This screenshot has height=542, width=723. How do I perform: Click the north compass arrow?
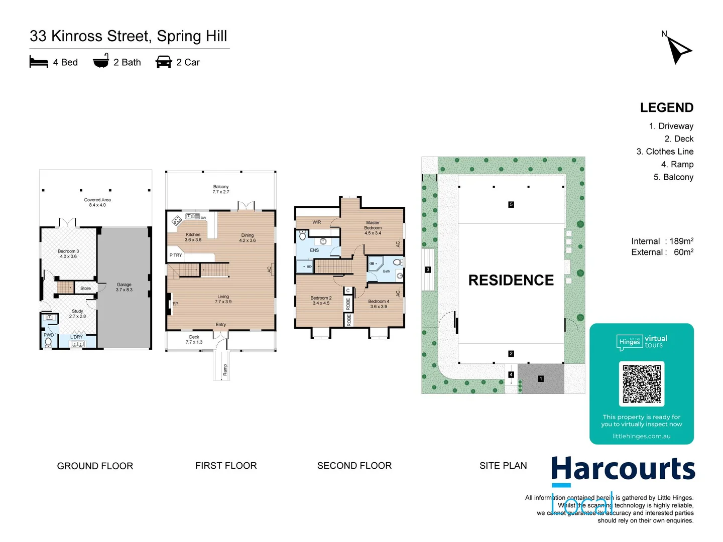click(x=678, y=50)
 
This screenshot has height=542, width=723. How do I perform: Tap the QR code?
click(x=642, y=384)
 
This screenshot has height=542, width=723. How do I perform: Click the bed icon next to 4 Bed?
click(x=39, y=62)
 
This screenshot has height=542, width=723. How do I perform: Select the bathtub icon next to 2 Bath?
click(x=101, y=61)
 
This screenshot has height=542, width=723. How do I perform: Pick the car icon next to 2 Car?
click(x=164, y=62)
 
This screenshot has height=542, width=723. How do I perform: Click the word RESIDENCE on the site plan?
click(x=511, y=280)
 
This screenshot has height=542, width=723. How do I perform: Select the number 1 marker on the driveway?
click(x=541, y=379)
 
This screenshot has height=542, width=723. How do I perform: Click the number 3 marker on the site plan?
click(x=428, y=269)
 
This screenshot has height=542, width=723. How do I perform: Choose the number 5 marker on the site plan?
click(x=511, y=204)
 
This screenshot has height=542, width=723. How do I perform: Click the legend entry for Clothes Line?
click(x=665, y=152)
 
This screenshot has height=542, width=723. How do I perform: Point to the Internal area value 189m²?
click(x=681, y=241)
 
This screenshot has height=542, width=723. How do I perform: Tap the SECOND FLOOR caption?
click(x=354, y=466)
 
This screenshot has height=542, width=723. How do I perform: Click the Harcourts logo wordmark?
click(x=623, y=469)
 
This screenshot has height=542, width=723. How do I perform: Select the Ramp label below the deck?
click(x=225, y=370)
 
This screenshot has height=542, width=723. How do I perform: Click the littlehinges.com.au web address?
click(x=641, y=436)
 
